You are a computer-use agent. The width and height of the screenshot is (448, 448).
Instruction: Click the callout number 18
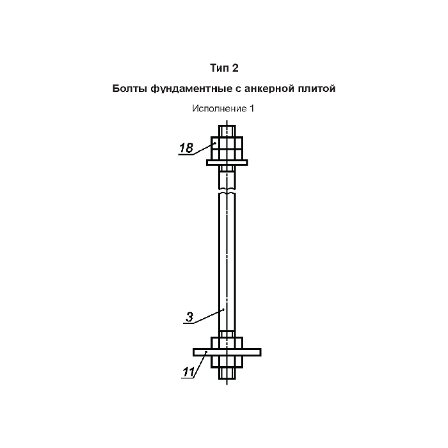(186, 148)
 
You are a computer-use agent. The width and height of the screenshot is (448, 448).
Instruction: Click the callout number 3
(189, 317)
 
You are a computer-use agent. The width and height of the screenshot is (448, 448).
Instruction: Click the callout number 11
(189, 372)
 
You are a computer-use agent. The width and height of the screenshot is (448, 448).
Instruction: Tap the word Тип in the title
(220, 68)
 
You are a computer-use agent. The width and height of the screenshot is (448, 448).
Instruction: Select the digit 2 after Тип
(235, 68)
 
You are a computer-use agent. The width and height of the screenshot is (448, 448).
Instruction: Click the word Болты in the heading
(129, 88)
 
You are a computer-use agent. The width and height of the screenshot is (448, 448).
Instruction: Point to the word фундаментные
(191, 89)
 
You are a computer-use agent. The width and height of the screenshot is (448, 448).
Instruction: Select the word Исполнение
(220, 109)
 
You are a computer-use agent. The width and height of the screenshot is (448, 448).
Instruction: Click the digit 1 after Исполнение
(252, 108)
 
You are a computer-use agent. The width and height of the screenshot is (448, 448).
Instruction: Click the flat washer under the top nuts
(227, 163)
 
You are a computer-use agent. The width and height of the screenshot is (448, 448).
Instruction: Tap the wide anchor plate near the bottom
(227, 352)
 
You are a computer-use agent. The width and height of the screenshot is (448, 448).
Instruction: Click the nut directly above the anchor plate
(227, 343)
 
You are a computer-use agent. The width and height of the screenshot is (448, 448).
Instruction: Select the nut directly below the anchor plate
(227, 362)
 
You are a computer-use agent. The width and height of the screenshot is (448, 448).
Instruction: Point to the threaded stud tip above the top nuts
(227, 131)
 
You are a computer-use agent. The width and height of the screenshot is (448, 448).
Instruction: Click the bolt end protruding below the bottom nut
(227, 373)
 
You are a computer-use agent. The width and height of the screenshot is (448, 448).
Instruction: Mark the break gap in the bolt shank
(227, 191)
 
